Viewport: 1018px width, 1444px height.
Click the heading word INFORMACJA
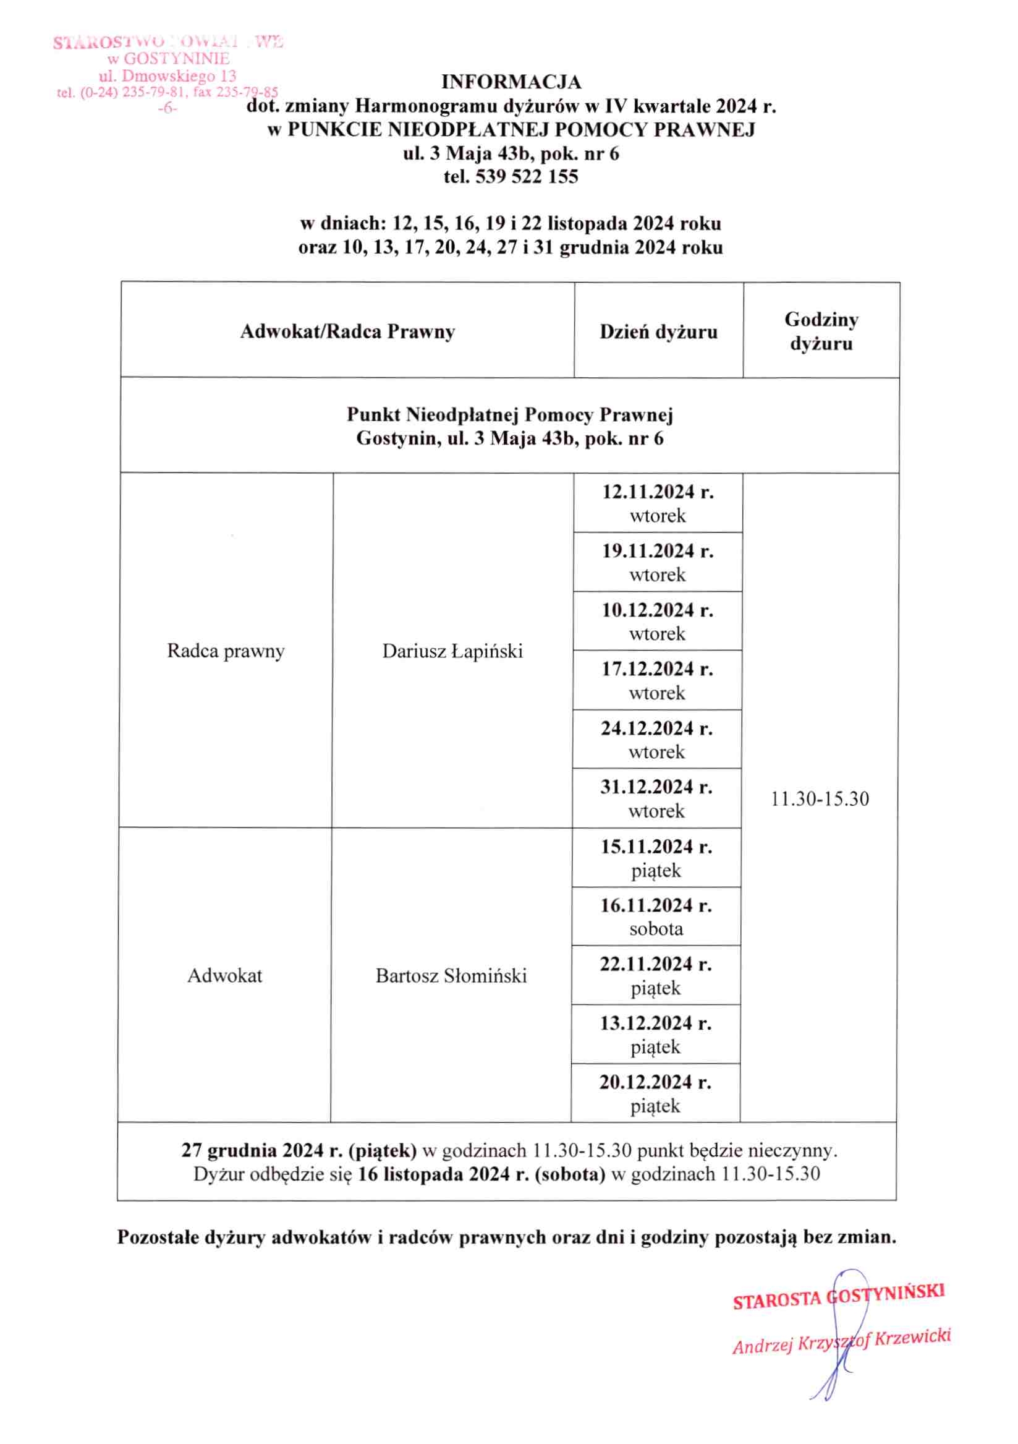(511, 82)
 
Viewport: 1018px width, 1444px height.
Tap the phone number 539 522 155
(526, 176)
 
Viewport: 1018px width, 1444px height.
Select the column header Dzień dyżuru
(658, 331)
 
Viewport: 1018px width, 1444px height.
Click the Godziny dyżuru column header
(821, 331)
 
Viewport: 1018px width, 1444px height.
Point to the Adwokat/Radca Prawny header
(347, 331)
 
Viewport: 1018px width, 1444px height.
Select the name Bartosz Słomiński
(451, 975)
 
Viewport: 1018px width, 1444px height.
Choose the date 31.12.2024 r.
(656, 787)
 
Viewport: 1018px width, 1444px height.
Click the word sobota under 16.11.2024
(656, 929)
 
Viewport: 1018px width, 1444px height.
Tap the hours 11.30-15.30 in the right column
(820, 800)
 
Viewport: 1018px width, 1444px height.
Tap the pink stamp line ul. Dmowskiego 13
(168, 76)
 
